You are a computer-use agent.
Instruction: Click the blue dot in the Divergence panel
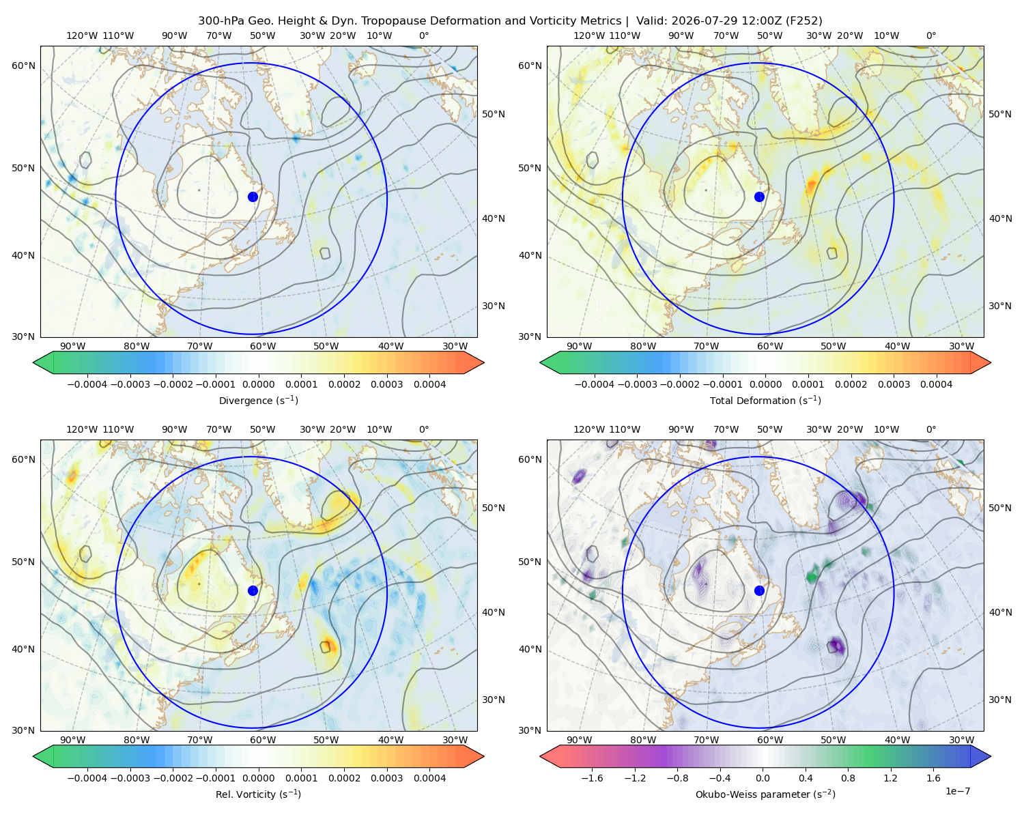pos(253,197)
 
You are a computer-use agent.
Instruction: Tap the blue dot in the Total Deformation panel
pos(759,197)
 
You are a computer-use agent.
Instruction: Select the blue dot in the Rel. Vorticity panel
pos(253,590)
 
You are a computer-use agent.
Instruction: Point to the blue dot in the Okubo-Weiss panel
pos(759,590)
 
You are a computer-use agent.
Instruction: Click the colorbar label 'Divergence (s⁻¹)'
pos(258,400)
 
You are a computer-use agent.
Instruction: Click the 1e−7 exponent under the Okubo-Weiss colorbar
pos(957,791)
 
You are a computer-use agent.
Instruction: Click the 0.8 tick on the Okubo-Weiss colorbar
pos(848,777)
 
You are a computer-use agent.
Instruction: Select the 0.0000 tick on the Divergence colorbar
pos(258,384)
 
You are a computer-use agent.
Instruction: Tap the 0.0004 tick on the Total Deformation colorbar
pos(937,384)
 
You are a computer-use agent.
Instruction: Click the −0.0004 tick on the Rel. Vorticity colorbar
pos(87,777)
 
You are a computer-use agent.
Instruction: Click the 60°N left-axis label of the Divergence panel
pos(23,66)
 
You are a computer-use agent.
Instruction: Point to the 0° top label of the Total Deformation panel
pos(930,35)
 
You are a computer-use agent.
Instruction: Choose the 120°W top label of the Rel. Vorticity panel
pos(82,429)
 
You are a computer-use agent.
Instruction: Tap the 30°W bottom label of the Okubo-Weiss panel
pos(961,740)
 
